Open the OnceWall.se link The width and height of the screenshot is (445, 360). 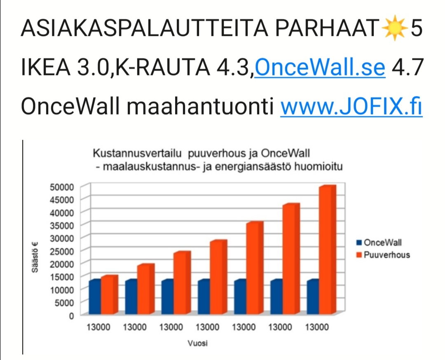click(x=320, y=67)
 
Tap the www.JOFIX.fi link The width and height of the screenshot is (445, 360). click(x=351, y=106)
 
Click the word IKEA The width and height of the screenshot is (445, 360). click(x=46, y=67)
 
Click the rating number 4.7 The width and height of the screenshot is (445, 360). click(x=407, y=67)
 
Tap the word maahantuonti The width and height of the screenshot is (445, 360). click(x=200, y=106)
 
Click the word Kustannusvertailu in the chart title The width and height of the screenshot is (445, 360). click(x=137, y=154)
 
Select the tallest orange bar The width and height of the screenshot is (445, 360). click(x=328, y=250)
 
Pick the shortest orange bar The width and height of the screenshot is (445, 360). click(x=109, y=295)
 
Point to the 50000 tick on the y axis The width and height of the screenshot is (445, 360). click(x=62, y=187)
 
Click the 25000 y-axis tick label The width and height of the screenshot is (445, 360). click(x=62, y=251)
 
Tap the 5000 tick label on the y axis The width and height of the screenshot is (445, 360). click(x=64, y=303)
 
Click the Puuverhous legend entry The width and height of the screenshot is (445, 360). click(x=386, y=255)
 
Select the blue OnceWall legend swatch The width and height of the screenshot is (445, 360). click(x=359, y=243)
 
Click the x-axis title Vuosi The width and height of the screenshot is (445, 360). click(x=197, y=343)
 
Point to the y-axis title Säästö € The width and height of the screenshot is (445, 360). click(x=35, y=257)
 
